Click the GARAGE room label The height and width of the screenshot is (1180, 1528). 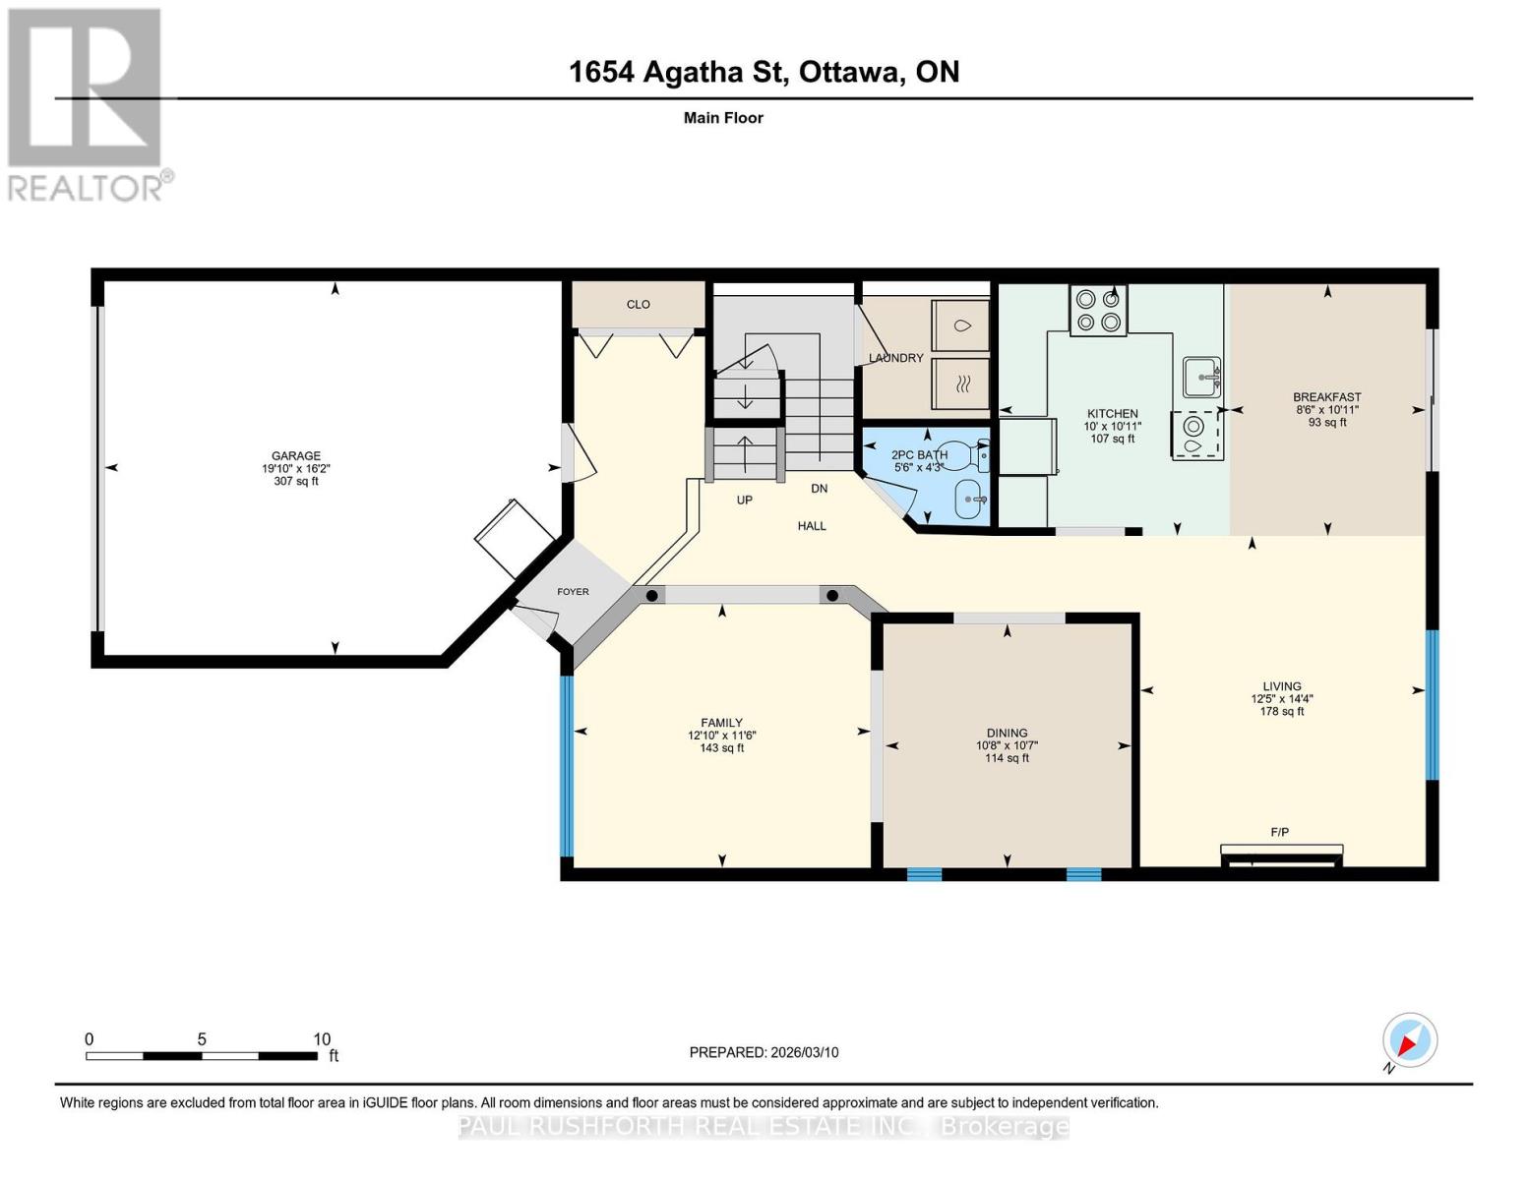tap(296, 455)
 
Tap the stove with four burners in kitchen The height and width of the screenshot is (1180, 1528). tap(1098, 310)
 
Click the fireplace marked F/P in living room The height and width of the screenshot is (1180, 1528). tap(1281, 855)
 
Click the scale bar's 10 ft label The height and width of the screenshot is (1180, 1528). tap(322, 1039)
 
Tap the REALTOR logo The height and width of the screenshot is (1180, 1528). tap(87, 103)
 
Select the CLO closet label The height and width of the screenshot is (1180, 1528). tap(639, 305)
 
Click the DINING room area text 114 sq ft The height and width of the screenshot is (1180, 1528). tap(1007, 758)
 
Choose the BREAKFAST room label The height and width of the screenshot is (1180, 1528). tap(1326, 397)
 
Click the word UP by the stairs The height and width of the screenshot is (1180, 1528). tap(745, 501)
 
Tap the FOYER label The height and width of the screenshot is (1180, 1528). tap(573, 592)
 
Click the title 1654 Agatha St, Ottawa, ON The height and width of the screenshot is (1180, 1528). tap(764, 72)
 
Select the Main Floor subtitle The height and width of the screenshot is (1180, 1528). tap(723, 118)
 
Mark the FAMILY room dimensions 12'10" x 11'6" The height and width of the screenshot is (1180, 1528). tap(721, 736)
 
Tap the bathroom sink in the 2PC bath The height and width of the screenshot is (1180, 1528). tap(969, 500)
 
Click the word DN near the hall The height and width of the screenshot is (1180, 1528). tap(819, 489)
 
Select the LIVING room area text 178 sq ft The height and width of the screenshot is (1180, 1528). tap(1281, 712)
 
